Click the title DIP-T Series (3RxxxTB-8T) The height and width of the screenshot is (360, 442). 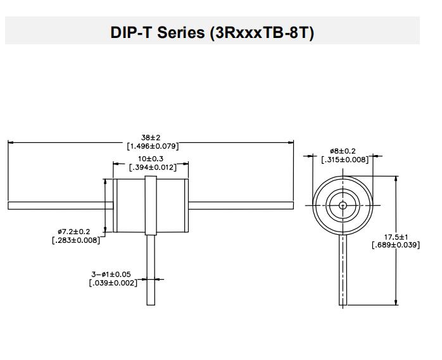tap(212, 32)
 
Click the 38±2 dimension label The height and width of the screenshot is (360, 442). tap(151, 137)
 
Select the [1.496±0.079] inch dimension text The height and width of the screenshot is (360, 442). tap(151, 146)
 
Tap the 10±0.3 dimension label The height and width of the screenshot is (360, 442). tap(151, 159)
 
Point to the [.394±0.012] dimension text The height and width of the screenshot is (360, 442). tap(151, 168)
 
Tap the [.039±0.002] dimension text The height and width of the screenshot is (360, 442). tap(113, 283)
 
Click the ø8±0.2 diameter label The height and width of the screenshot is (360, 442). tap(343, 151)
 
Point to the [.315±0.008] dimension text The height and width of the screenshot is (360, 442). tap(344, 160)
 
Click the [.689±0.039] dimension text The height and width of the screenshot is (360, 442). tap(395, 245)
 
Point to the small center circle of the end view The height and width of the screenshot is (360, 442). tap(343, 205)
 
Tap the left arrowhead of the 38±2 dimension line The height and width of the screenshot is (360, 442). tap(11, 142)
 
